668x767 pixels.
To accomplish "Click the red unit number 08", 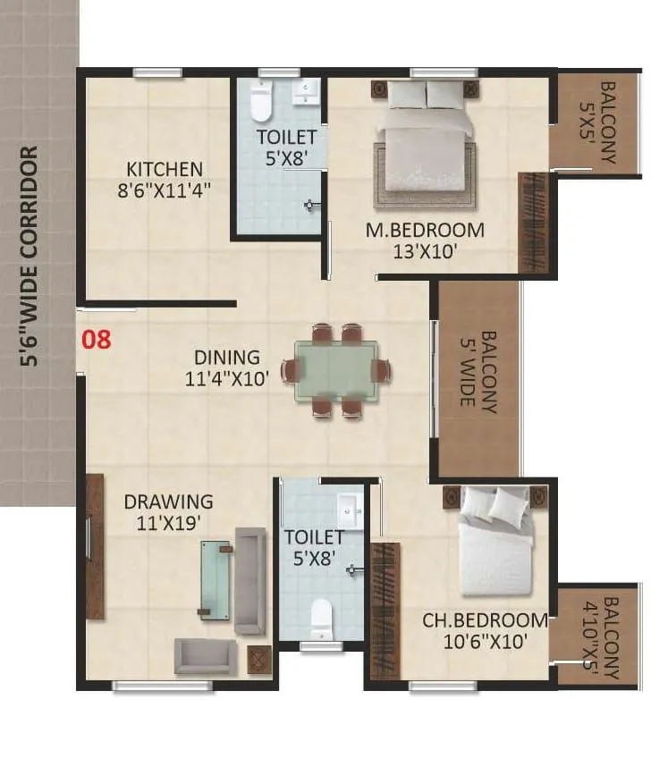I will pos(97,340).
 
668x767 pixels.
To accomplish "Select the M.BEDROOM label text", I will pos(425,240).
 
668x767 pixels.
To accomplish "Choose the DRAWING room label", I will pos(168,511).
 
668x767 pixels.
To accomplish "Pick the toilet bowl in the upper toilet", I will pos(260,103).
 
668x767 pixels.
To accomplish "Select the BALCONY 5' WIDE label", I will pos(477,369).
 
